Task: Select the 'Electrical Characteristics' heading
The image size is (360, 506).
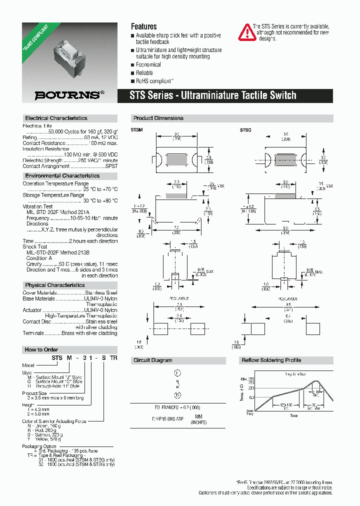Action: pos(56,118)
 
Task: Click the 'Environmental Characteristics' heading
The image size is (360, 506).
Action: pos(62,176)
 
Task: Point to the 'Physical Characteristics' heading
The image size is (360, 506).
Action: pos(55,285)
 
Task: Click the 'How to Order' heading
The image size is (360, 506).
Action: pos(41,349)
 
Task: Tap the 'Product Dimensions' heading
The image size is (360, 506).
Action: pos(158,118)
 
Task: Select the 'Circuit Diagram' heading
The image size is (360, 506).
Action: pos(153,360)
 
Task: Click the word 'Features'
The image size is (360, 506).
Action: pos(143,26)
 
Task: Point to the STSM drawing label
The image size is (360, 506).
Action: pos(136,130)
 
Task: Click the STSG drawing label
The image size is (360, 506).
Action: pos(245,130)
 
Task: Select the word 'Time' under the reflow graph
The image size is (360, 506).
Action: pos(293,415)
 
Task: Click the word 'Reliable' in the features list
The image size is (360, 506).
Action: pos(144,73)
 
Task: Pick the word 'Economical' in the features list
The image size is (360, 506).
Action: pos(148,65)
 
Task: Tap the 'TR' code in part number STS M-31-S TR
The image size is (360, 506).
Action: pos(113,357)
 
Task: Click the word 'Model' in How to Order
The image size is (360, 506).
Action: pos(29,365)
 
